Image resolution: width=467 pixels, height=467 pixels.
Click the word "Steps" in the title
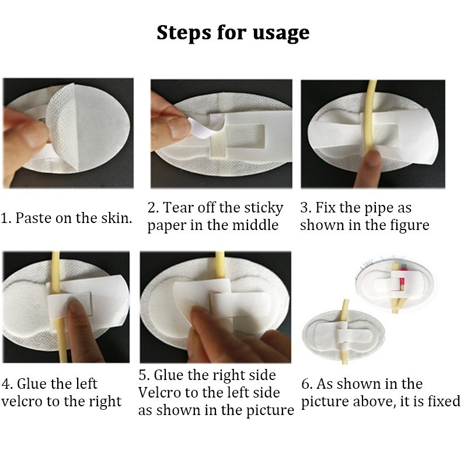pos(182,32)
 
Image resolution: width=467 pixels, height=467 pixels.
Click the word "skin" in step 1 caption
pos(116,218)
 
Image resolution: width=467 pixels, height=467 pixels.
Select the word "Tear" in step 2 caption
pos(179,208)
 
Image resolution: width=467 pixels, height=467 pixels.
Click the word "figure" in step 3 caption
pos(407,225)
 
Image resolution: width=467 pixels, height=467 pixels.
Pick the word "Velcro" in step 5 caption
pos(163,392)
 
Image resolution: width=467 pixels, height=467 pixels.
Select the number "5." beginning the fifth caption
pos(144,375)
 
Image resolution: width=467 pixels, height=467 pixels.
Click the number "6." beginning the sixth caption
pos(307,384)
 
